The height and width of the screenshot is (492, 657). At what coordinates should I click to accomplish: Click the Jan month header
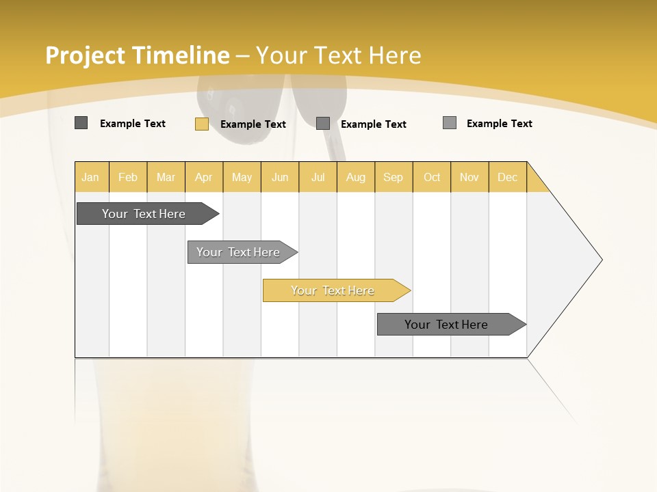[90, 177]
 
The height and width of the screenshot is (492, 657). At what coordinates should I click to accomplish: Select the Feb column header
[128, 177]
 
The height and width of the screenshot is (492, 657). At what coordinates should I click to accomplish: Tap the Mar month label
[166, 177]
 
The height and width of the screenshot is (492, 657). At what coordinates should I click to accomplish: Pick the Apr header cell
[203, 177]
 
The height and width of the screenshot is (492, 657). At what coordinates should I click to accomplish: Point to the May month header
[242, 177]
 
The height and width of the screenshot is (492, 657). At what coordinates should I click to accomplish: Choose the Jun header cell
[280, 177]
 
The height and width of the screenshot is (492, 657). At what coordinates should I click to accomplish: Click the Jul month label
[318, 177]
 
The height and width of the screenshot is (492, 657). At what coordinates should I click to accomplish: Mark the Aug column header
[355, 177]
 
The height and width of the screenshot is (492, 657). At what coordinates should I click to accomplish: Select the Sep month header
[393, 177]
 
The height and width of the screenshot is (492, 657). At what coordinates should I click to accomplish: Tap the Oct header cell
[432, 177]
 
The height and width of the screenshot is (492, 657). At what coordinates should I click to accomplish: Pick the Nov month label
[469, 177]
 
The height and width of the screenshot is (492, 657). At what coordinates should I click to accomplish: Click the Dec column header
[507, 177]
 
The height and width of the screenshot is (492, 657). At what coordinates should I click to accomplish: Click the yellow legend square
[202, 124]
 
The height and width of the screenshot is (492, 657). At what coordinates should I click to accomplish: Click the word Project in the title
[86, 55]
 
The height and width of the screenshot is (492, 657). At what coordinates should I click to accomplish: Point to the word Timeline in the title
[181, 55]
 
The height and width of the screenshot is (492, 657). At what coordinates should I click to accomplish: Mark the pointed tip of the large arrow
[601, 260]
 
